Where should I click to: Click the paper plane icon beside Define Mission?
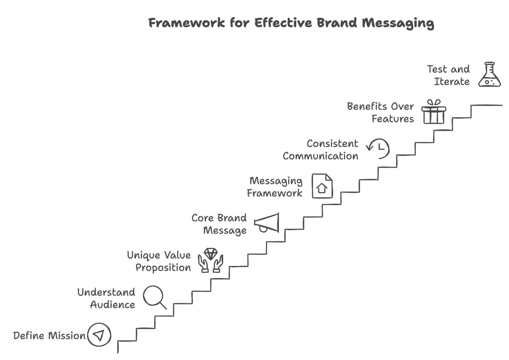[99, 335]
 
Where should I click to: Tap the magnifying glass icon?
[154, 297]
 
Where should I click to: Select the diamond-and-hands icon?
[210, 260]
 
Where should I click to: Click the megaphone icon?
[267, 223]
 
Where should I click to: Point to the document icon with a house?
[322, 186]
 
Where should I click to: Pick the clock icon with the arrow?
[378, 148]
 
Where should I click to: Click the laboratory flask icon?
[489, 75]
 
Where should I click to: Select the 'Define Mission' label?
[49, 336]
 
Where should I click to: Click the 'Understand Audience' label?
[106, 298]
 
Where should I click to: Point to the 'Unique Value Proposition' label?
[159, 261]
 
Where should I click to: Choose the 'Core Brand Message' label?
[219, 224]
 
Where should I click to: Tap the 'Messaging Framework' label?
[275, 187]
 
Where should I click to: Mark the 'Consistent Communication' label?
[320, 150]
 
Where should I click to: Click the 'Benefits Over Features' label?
[381, 112]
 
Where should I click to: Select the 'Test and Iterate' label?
[448, 75]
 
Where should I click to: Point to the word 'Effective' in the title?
[283, 23]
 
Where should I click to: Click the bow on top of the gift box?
[434, 102]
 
